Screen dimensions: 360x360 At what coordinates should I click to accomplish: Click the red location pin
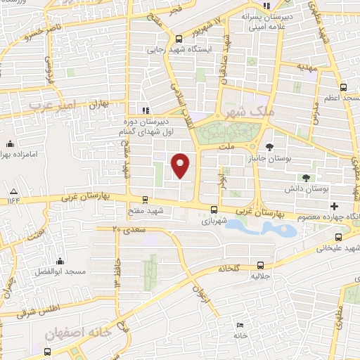181,166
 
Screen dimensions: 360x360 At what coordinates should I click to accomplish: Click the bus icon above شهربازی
214,209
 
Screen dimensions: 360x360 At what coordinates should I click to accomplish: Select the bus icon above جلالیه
261,265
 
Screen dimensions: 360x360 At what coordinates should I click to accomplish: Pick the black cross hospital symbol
335,206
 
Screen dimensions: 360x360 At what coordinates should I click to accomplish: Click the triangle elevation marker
13,191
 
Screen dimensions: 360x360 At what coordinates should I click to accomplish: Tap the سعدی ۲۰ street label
127,229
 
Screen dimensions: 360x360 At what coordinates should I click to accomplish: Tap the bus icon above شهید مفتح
145,200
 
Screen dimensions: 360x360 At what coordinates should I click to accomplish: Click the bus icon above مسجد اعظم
342,87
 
